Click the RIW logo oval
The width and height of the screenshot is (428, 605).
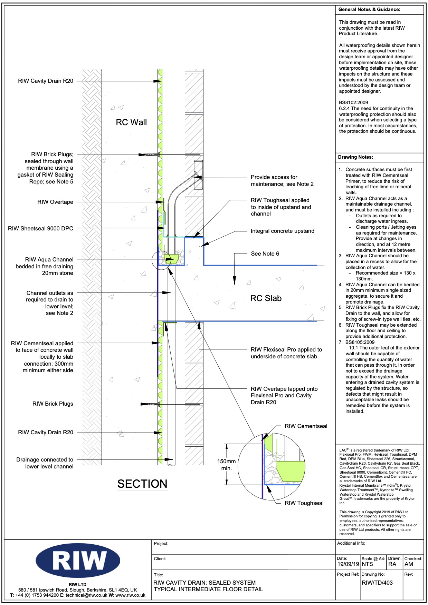[x=78, y=560]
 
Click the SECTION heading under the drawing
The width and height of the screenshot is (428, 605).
[x=142, y=484]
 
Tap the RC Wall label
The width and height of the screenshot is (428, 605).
[x=131, y=122]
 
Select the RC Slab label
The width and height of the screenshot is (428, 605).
[x=266, y=298]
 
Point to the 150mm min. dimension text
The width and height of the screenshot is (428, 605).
[x=226, y=465]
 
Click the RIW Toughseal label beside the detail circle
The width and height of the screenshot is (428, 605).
[x=304, y=503]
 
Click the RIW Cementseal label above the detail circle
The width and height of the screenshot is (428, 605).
[x=306, y=426]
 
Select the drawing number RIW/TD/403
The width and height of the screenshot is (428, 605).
[x=377, y=583]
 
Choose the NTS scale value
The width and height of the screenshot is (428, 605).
[x=367, y=564]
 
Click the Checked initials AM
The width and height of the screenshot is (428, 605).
[x=409, y=564]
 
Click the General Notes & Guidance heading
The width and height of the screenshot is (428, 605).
[x=369, y=10]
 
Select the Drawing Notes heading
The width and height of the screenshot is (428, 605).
[x=355, y=157]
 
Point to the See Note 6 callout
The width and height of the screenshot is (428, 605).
[x=265, y=254]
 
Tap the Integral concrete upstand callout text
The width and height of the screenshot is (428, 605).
[x=282, y=231]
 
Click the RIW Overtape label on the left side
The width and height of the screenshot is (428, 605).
[x=55, y=202]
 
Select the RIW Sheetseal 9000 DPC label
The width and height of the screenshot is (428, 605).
[x=40, y=229]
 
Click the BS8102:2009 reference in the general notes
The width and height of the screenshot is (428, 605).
[x=353, y=103]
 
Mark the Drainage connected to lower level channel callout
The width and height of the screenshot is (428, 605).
[x=45, y=463]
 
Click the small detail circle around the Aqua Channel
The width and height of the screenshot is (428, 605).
[x=161, y=260]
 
